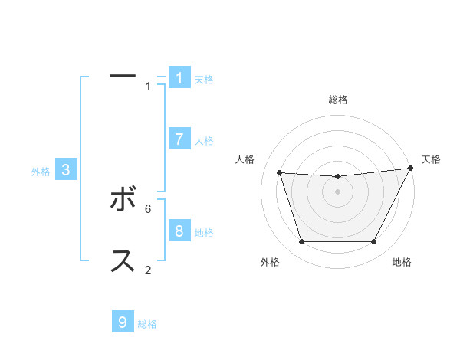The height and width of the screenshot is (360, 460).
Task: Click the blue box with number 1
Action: coord(179,78)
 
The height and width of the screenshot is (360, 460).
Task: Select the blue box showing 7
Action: coord(179,139)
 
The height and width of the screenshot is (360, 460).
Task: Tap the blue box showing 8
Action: coord(179,231)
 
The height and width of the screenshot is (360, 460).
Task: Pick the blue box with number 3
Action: coord(66,171)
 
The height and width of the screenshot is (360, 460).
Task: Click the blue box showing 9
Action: coord(123,322)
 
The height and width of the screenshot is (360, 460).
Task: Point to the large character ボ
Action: coord(123,201)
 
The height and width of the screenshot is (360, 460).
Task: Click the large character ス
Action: coord(123,261)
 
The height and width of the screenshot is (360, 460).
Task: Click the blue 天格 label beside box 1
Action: coord(204,80)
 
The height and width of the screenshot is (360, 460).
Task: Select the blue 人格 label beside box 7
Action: coord(204,141)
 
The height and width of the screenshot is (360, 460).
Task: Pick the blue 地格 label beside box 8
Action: coord(204,233)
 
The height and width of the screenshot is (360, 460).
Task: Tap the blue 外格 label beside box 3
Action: coord(41,172)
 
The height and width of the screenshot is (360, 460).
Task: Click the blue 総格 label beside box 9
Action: coord(147,324)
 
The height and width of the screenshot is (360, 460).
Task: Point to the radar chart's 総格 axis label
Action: coord(338,100)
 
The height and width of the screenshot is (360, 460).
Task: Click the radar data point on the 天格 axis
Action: coord(410,169)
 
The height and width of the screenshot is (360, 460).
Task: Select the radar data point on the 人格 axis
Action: coord(279,173)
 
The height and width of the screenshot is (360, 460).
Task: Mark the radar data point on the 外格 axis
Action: coord(301,242)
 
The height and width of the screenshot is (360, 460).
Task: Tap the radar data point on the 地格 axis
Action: coord(374,242)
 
